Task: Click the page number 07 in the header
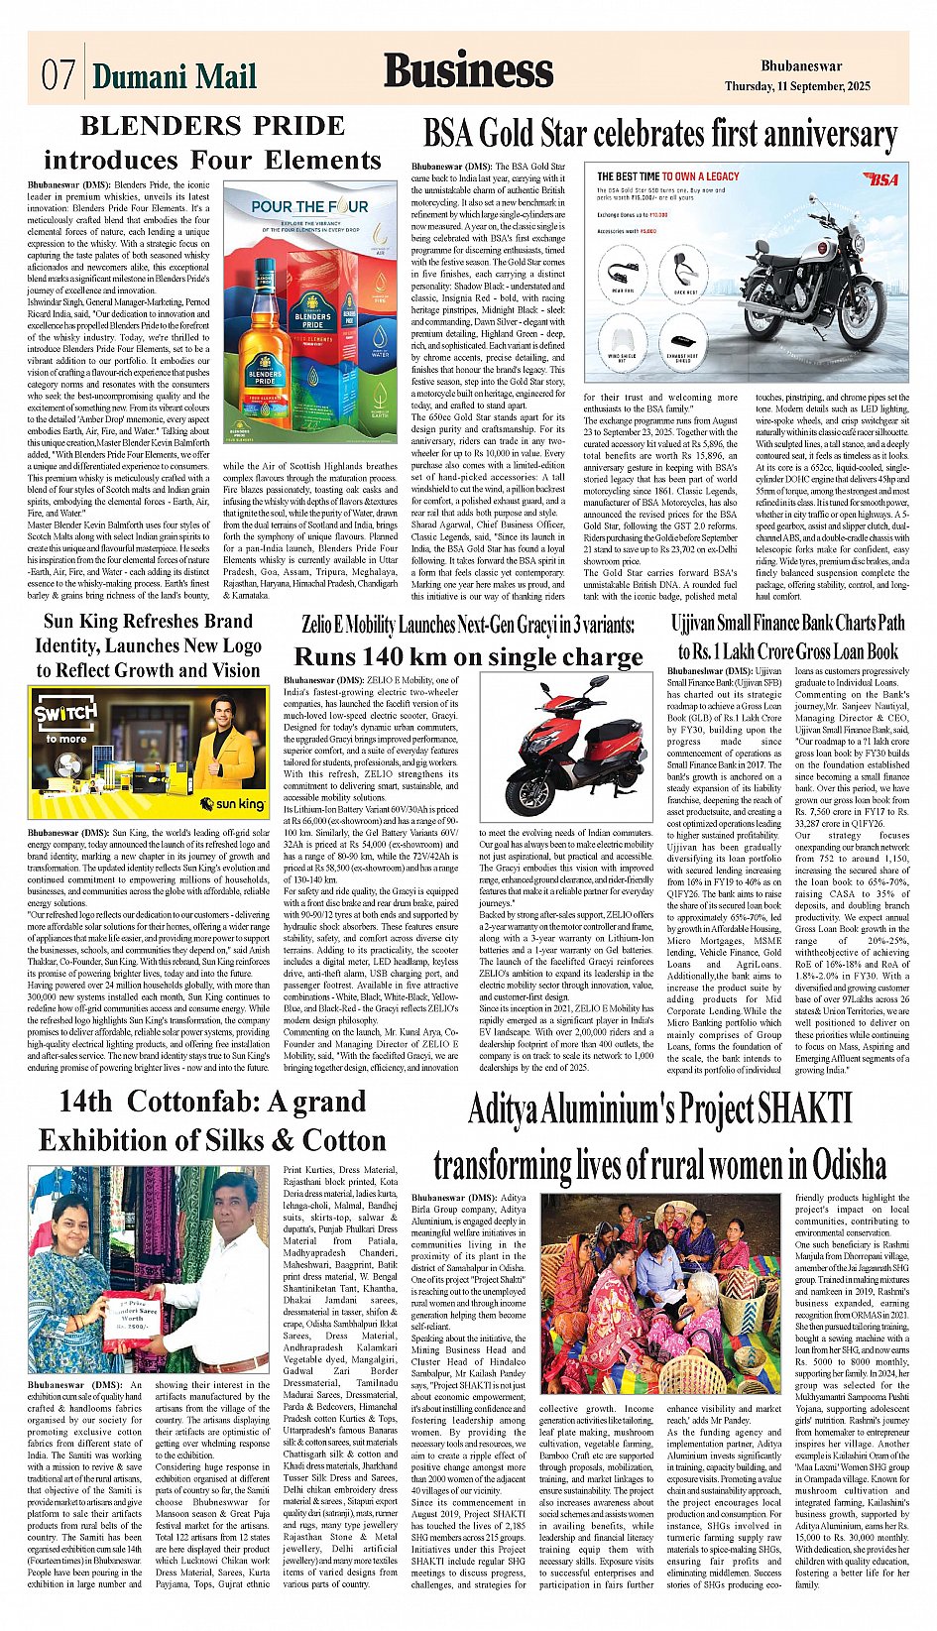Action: pos(59,75)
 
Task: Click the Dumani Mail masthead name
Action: pos(175,75)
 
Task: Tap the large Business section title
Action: pos(468,71)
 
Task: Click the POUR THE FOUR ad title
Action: pos(308,207)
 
